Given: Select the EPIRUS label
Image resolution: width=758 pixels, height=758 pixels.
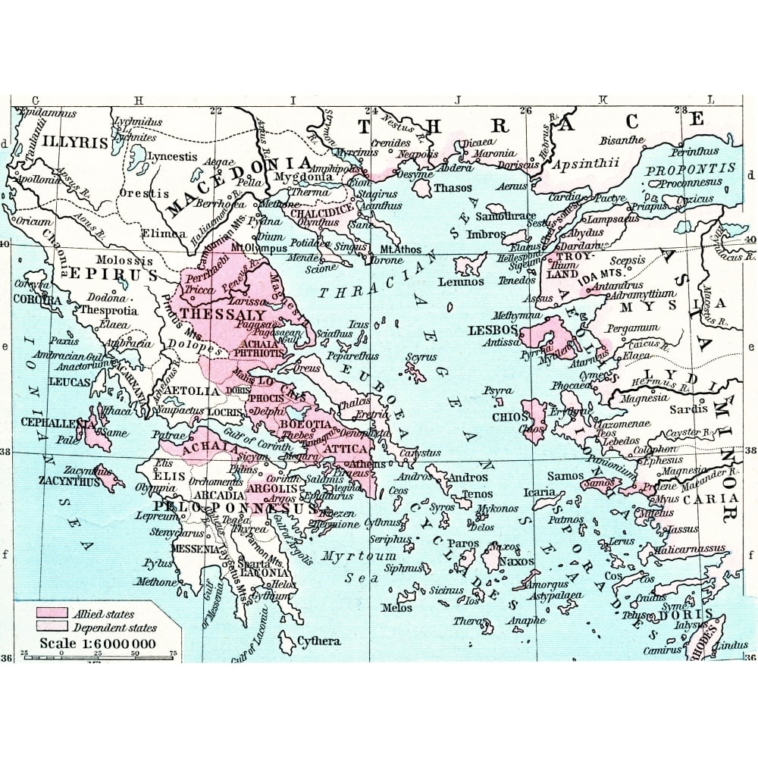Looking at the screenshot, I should (114, 274).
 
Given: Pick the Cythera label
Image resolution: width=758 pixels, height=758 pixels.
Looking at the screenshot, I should (318, 641).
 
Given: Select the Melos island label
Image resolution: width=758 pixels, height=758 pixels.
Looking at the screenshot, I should (396, 608).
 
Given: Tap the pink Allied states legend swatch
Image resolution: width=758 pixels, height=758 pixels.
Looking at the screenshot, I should (50, 613).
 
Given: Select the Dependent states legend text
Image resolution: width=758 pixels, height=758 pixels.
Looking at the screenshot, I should (114, 628).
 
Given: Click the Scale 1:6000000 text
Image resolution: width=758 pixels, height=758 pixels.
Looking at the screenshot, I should (99, 644).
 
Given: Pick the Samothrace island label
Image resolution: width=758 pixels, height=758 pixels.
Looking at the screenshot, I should (506, 216).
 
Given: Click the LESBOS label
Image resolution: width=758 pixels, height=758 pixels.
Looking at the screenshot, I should (493, 330).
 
